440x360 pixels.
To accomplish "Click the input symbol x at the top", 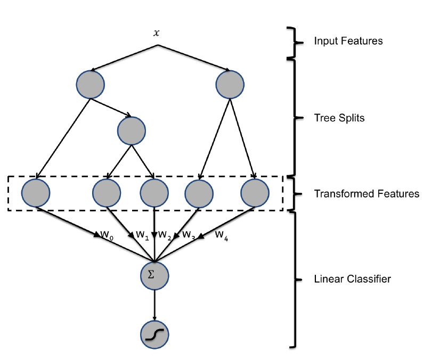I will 156,33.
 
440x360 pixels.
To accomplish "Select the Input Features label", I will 348,41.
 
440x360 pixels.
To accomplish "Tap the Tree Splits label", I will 339,118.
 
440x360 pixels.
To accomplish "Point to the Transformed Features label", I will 366,194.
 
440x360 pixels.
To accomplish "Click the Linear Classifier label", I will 352,279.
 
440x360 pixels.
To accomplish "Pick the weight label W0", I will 107,234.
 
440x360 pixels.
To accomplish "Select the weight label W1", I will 142,234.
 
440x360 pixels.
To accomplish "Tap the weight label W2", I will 165,234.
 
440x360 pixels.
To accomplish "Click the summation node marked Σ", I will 154,275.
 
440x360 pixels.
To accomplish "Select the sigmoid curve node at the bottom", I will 154,334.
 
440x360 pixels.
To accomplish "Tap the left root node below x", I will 90,84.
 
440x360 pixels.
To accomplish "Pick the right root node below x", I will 230,84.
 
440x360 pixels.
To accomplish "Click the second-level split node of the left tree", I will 132,130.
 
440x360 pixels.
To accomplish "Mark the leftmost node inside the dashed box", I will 36,192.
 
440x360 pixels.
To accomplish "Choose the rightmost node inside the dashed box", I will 255,192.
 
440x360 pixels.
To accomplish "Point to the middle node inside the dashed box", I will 154,192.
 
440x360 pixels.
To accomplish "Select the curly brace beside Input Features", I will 291,42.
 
